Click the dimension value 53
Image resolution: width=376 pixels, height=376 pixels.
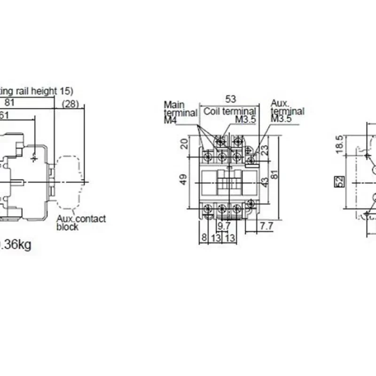[231, 99]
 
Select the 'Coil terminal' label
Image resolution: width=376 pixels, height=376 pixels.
[230, 111]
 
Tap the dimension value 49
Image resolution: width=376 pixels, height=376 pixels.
[184, 180]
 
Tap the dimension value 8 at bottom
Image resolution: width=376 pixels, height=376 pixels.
[204, 238]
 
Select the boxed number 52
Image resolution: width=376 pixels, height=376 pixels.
[337, 182]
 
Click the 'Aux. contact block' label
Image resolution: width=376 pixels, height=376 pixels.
[81, 223]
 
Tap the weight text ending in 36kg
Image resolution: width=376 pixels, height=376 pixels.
[16, 245]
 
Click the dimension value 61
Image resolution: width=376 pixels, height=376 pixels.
[4, 115]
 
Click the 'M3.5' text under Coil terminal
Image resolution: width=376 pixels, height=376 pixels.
[245, 120]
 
